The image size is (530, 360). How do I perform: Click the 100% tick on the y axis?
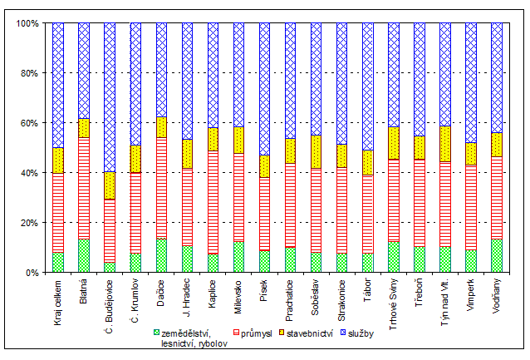point(27,23)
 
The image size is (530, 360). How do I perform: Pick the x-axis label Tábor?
point(368,293)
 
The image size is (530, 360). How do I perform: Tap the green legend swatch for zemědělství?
point(155,333)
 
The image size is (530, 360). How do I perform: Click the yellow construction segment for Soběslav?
point(316,152)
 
